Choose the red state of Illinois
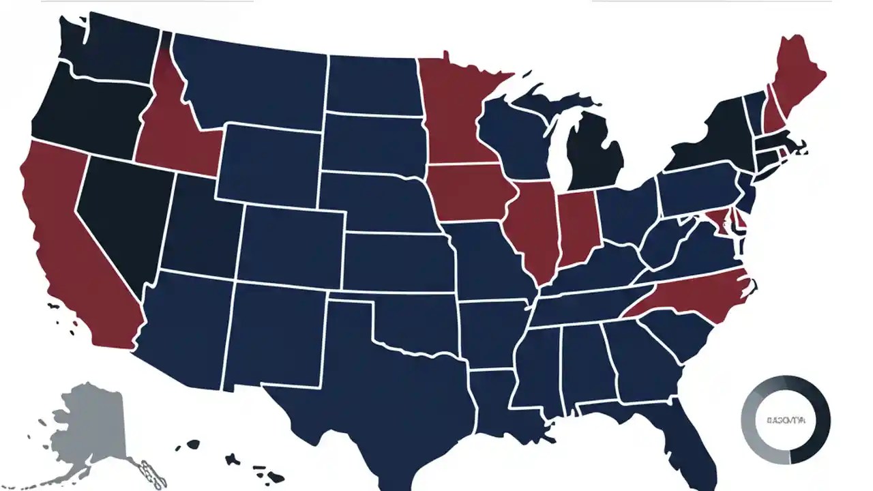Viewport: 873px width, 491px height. click(x=535, y=228)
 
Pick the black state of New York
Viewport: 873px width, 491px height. click(x=716, y=136)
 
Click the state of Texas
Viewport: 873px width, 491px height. click(x=368, y=382)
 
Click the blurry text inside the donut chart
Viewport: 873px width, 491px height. click(x=786, y=421)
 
